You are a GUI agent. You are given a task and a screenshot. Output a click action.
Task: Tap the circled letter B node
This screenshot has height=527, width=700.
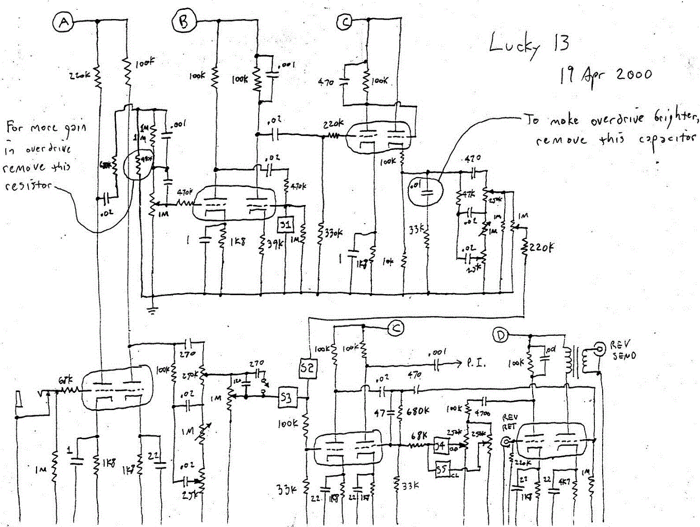(x=183, y=22)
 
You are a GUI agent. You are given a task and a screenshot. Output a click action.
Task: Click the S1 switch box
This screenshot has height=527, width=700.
(x=285, y=225)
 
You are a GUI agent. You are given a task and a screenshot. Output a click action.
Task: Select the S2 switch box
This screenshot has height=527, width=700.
(x=308, y=368)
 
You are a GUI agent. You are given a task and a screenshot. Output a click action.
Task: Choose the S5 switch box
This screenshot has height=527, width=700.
(x=441, y=469)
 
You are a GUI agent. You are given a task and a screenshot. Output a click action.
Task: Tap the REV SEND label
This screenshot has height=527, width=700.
(x=623, y=350)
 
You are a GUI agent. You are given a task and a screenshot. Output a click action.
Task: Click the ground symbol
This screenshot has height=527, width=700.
(x=152, y=310)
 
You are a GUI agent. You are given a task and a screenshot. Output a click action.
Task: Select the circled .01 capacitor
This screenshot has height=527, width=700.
(x=426, y=188)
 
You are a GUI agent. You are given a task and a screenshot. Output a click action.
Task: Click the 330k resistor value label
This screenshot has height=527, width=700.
(x=332, y=233)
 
